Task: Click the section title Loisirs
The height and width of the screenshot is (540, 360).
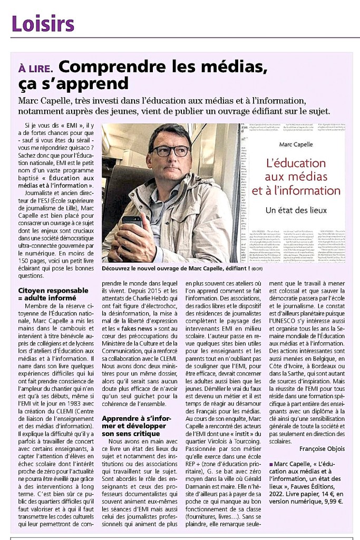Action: [43, 23]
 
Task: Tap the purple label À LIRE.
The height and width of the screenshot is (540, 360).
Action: [35, 68]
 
